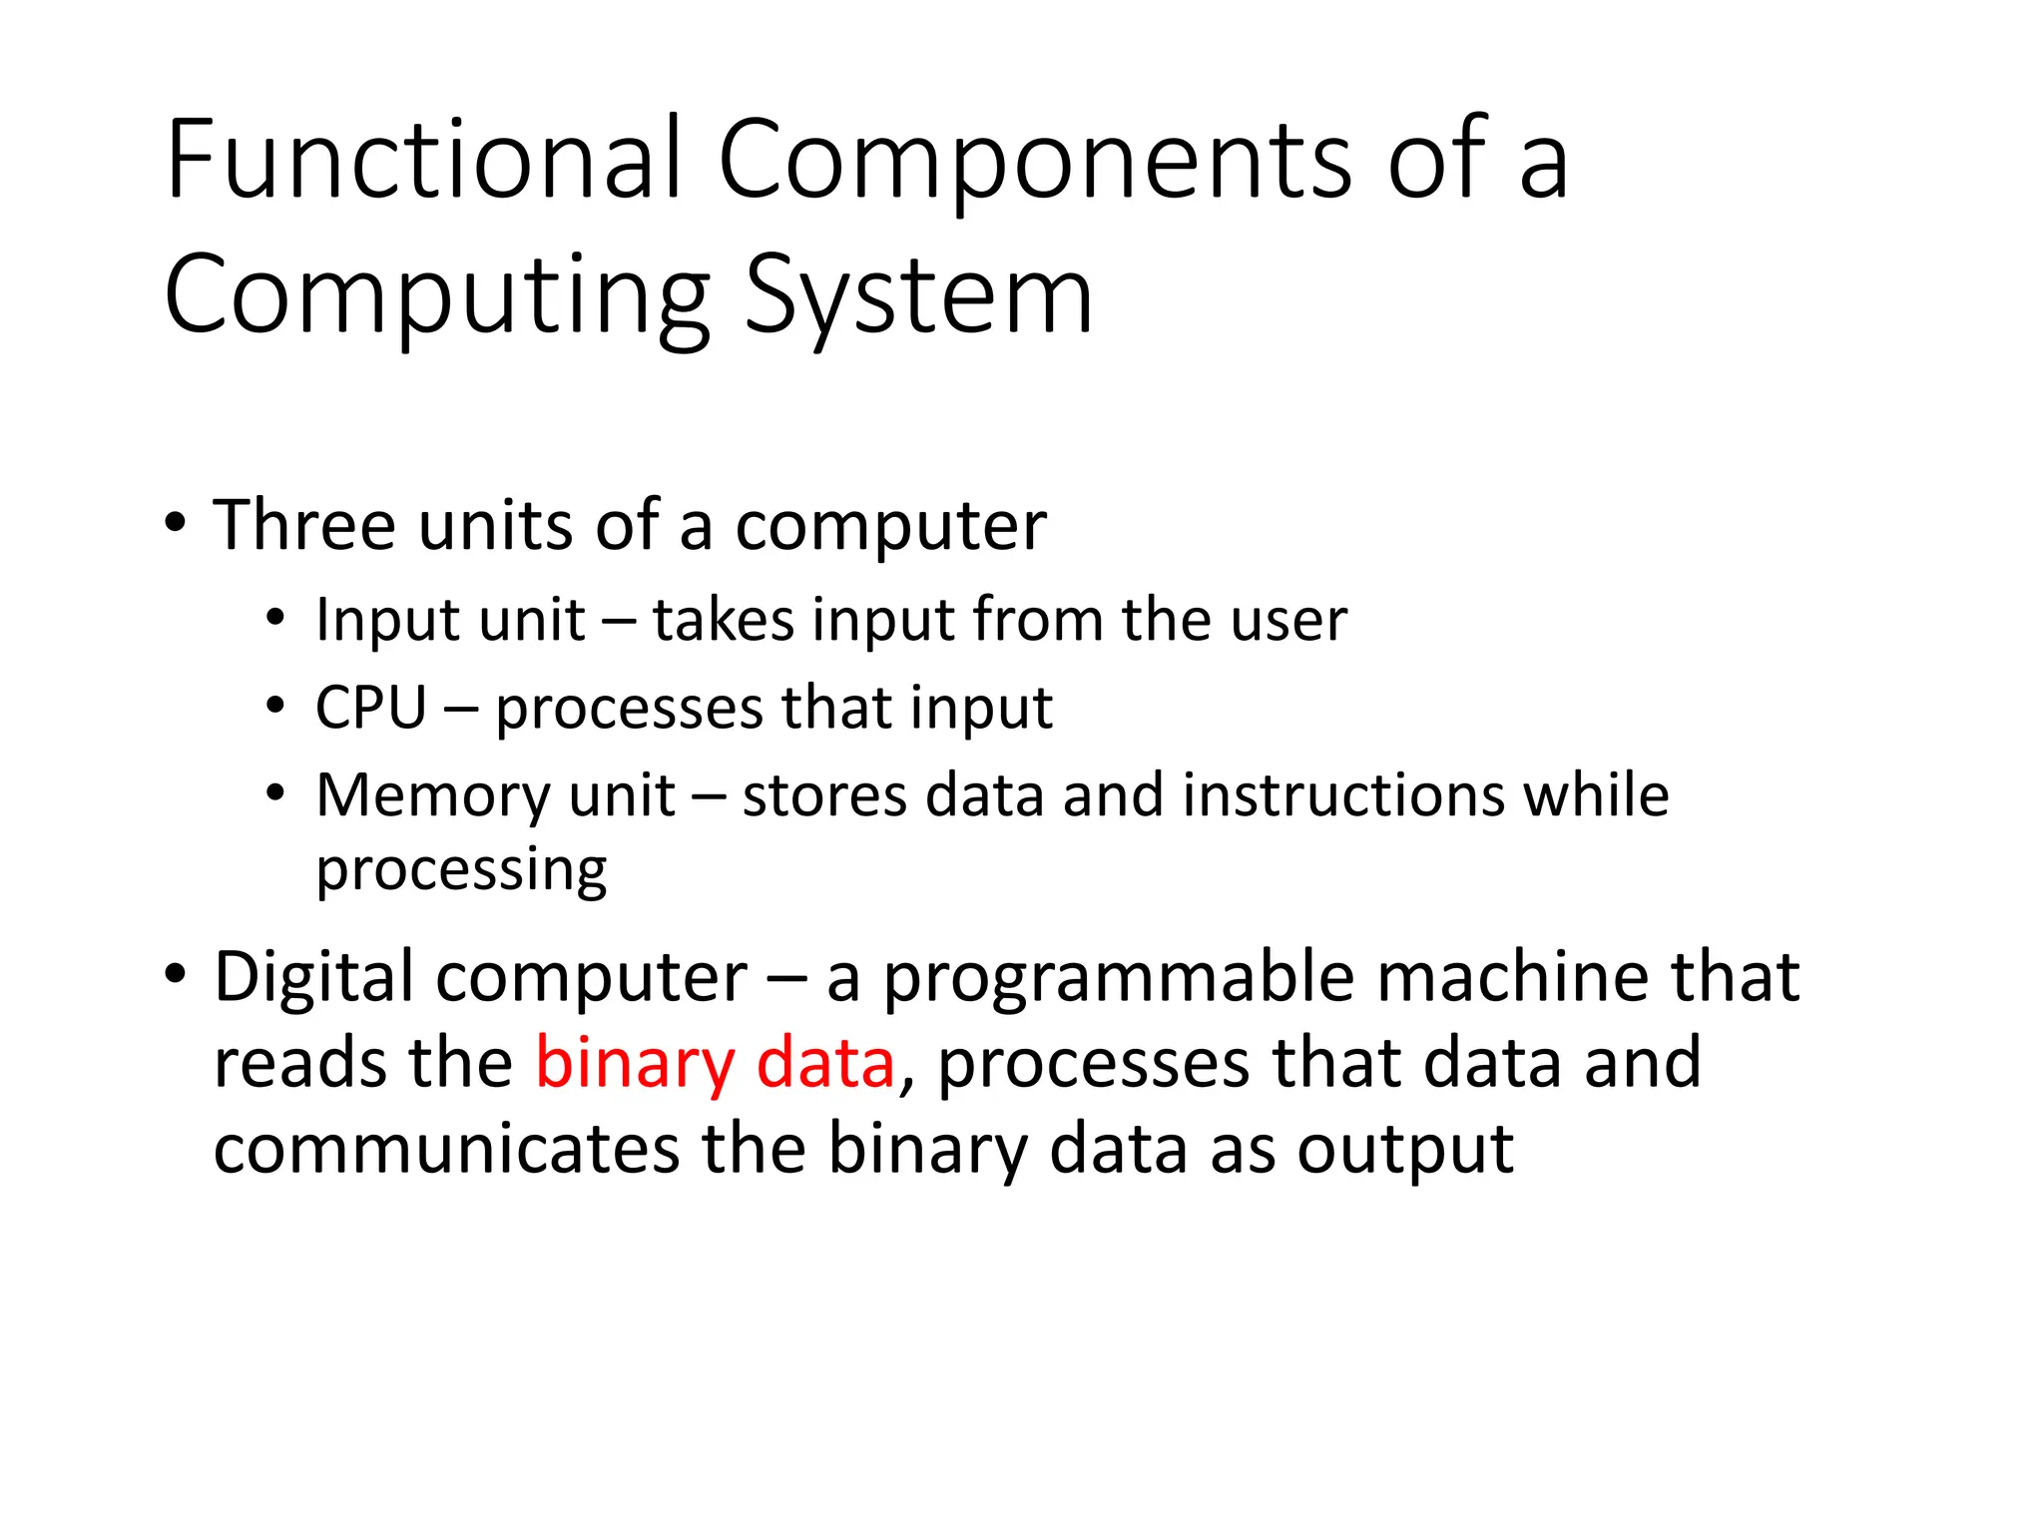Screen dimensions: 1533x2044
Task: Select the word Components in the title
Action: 1033,160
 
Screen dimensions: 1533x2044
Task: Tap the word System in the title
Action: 918,295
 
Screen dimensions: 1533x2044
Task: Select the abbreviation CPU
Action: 370,708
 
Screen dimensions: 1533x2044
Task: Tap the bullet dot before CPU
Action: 275,706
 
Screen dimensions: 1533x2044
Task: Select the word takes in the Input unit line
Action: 724,620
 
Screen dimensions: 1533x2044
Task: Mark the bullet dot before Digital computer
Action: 176,972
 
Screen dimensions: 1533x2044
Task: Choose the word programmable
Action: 1118,978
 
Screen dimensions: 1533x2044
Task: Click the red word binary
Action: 635,1064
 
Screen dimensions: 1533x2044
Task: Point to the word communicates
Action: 446,1150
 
